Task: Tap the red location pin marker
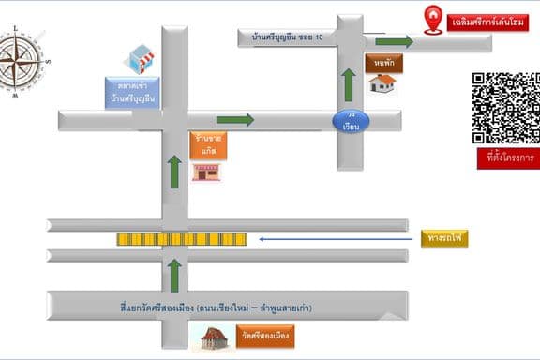pos(432,19)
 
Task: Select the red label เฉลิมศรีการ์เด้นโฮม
pos(487,22)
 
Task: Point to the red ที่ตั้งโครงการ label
pos(504,157)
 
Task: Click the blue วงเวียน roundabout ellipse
pos(350,122)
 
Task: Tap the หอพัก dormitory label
pos(381,62)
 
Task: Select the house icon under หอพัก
pos(381,83)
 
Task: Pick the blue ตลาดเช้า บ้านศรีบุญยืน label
pos(131,91)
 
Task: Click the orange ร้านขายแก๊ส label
pos(207,144)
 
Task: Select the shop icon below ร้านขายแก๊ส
pos(206,172)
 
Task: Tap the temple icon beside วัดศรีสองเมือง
pos(212,337)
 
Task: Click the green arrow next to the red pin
pos(395,42)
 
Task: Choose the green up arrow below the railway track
pos(174,276)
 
